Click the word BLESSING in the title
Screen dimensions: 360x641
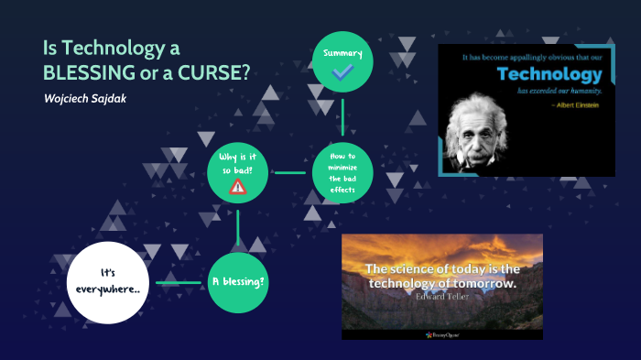[x=87, y=72]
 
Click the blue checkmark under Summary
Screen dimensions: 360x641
[x=342, y=72]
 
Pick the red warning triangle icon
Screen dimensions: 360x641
[x=238, y=187]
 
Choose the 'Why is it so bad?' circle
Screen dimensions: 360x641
[x=238, y=171]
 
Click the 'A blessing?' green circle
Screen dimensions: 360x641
[x=238, y=282]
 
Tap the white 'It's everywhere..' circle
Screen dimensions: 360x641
[x=108, y=282]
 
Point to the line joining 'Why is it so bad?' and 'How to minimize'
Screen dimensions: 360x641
[x=289, y=171]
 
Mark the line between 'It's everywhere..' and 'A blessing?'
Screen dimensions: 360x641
[x=176, y=282]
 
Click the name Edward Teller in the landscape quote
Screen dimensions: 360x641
[x=441, y=297]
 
